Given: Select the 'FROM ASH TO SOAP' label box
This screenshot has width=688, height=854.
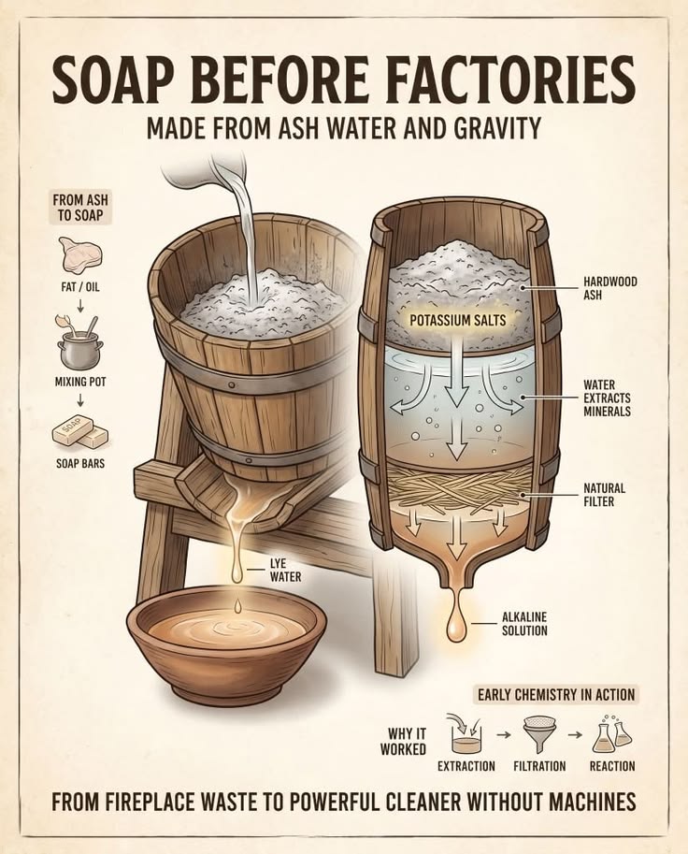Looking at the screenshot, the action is point(80,207).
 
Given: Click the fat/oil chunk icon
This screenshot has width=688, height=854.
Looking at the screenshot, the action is point(80,254).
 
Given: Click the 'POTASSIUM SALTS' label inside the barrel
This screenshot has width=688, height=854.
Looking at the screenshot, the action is point(458,320).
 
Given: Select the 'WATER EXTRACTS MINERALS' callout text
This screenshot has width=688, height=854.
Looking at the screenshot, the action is point(607,398).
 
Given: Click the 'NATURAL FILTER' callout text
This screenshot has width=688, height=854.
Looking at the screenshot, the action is point(604,494).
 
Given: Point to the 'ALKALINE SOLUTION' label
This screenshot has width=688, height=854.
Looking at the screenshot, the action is point(524,624).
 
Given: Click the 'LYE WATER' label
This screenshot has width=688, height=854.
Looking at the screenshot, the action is point(285,570).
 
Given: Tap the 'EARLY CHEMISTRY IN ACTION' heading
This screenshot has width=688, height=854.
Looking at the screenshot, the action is point(556,694).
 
